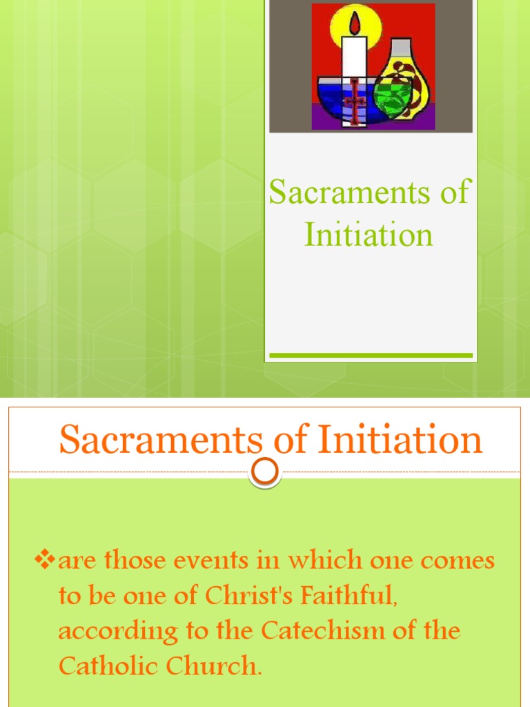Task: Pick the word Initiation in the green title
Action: (369, 234)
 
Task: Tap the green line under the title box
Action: (371, 356)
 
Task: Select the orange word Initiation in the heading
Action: (393, 440)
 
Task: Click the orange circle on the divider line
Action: (265, 472)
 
